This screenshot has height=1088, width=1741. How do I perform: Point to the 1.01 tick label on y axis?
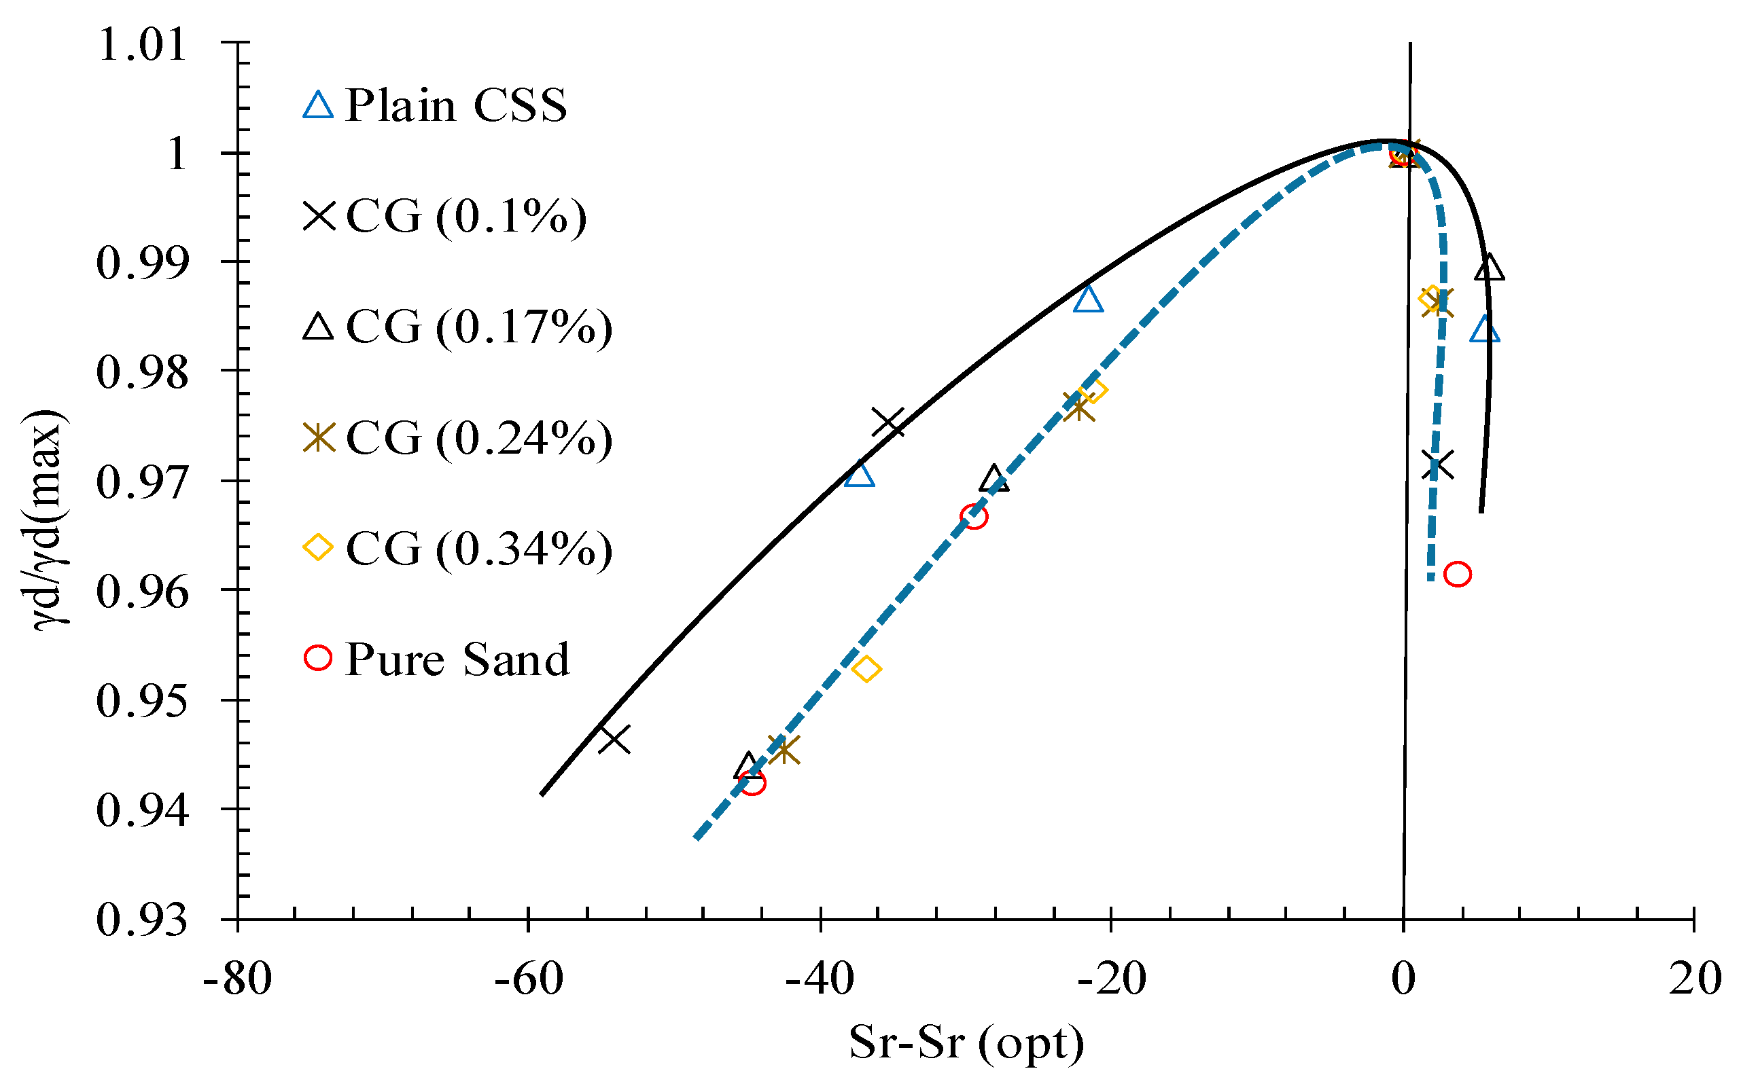click(142, 45)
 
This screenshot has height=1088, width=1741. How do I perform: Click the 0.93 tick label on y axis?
click(142, 920)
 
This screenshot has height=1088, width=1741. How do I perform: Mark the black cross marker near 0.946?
click(615, 739)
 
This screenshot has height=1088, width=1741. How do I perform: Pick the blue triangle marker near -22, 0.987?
click(1088, 300)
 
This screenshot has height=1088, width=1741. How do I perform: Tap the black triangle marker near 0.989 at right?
click(1489, 268)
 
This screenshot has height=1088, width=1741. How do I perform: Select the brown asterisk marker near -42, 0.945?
click(784, 750)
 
